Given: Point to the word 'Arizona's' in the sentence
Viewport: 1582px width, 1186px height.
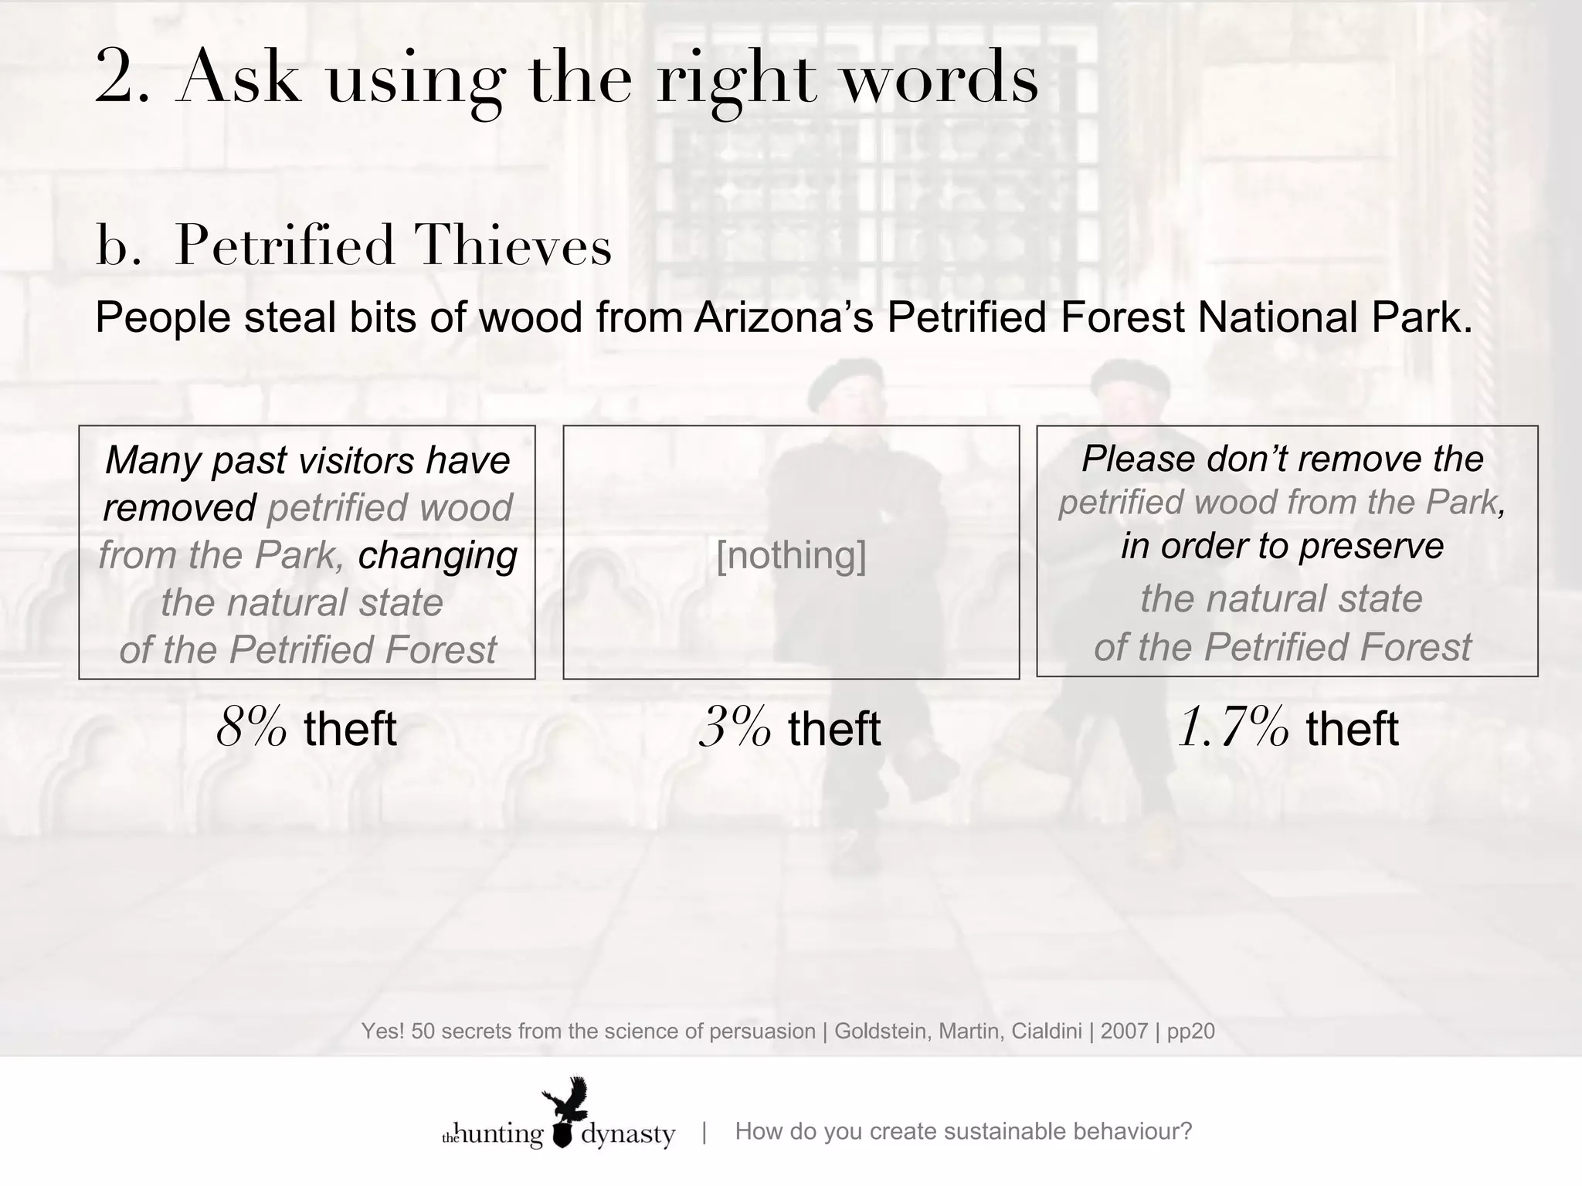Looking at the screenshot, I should point(783,317).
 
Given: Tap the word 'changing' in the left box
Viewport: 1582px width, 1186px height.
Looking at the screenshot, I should point(437,554).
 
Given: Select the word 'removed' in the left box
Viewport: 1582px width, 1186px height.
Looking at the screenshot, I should point(179,507).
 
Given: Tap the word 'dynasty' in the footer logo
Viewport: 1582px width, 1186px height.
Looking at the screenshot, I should point(628,1134).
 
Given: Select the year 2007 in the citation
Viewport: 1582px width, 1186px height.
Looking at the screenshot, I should point(1124,1031).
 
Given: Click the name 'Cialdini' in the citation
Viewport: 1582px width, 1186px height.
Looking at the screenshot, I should point(1048,1031).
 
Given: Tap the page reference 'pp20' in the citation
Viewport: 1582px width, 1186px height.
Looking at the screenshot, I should point(1190,1032).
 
